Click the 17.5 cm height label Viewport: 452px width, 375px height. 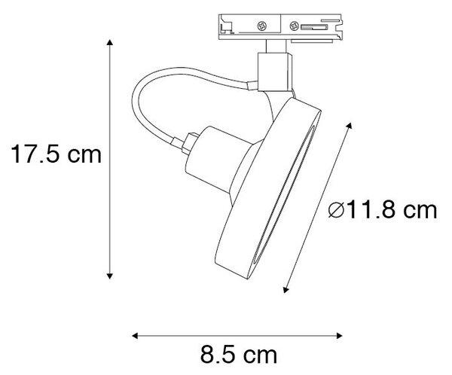point(56,154)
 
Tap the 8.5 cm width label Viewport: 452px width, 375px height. point(238,355)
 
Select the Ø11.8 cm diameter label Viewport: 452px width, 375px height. point(383,210)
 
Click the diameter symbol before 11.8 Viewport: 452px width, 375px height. point(336,210)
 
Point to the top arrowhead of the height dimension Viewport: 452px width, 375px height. point(109,42)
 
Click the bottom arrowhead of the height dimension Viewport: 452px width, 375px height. point(109,276)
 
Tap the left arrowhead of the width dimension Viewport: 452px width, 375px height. point(135,336)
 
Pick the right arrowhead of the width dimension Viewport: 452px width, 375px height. point(339,336)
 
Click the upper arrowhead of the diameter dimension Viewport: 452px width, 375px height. point(350,126)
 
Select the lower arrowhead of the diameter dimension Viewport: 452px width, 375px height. point(286,290)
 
